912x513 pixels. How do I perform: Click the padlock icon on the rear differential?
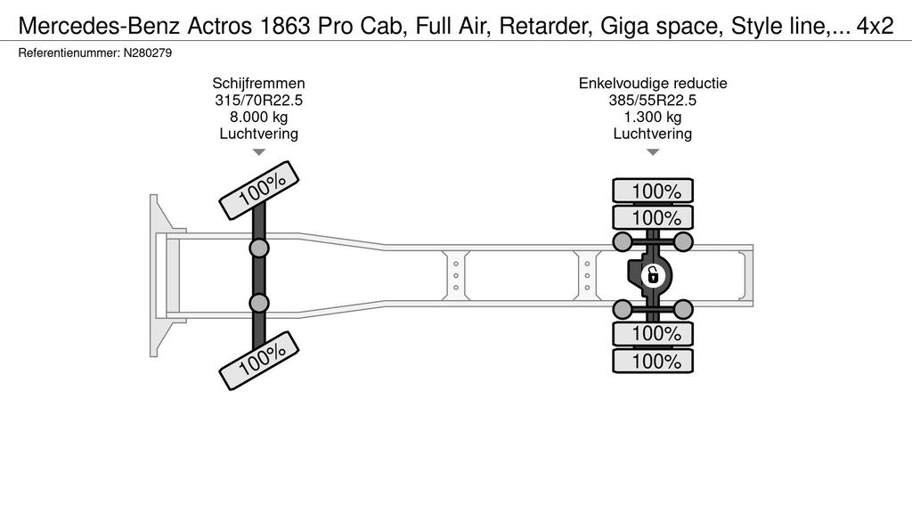coord(653,275)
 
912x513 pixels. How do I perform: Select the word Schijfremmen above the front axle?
coord(258,83)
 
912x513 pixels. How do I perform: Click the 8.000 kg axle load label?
coord(258,117)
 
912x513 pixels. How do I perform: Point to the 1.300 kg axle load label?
coord(653,117)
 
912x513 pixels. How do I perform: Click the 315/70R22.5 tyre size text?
coord(258,100)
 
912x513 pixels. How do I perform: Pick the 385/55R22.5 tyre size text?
coord(653,100)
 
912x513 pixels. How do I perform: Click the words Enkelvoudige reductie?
coord(653,83)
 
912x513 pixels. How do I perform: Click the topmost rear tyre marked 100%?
coord(653,191)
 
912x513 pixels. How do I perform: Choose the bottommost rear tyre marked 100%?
coord(653,362)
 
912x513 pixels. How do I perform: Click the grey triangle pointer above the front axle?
coord(259,152)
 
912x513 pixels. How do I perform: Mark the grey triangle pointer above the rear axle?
coord(653,152)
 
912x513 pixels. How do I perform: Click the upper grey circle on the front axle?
coord(259,248)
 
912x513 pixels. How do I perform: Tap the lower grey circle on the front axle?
coord(259,303)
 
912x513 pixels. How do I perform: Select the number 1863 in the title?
coord(279,27)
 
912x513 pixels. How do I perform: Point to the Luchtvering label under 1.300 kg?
coord(653,134)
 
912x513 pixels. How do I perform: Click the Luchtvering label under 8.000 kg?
coord(258,134)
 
